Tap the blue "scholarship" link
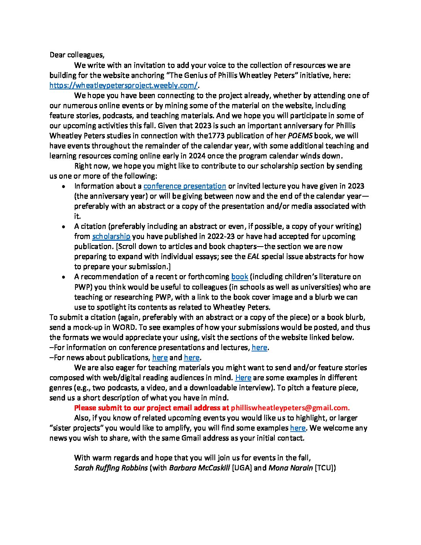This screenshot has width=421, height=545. click(x=111, y=237)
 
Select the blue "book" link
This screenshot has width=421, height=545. click(x=240, y=277)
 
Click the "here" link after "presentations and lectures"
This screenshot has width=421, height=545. click(x=259, y=348)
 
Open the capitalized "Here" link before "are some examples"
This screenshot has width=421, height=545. click(x=243, y=378)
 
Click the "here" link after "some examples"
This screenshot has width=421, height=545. click(x=298, y=428)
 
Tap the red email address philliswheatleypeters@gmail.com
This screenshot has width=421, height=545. click(x=290, y=408)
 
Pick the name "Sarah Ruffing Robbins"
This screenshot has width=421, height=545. click(x=111, y=468)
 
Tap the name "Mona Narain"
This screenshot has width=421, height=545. click(x=290, y=468)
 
